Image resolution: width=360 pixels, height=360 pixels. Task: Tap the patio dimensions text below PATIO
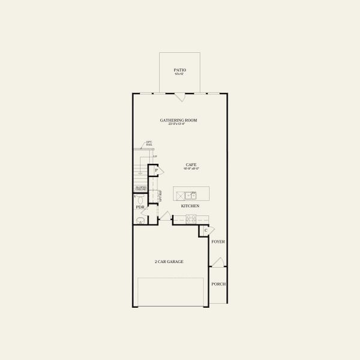pos(178,74)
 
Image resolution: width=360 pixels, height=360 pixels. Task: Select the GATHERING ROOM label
pos(178,120)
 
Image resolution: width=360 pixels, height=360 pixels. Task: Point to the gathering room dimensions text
pos(178,124)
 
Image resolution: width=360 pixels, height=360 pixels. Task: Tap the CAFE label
pos(191,164)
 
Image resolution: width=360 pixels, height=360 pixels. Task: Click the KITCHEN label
pos(190,206)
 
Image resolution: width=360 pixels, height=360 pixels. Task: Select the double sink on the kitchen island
pos(191,195)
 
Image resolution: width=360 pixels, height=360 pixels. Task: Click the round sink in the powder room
pos(141,221)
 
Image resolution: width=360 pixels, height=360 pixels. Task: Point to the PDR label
pos(140,208)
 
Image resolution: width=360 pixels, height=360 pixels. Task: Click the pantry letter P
pos(155,171)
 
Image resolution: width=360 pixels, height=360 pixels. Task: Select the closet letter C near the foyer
pos(205,230)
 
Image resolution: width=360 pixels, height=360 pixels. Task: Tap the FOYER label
pos(218,242)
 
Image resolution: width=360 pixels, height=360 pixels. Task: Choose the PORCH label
pos(218,284)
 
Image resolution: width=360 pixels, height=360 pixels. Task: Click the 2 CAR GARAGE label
pos(169,262)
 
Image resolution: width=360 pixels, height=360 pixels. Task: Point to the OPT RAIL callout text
pos(148,143)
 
